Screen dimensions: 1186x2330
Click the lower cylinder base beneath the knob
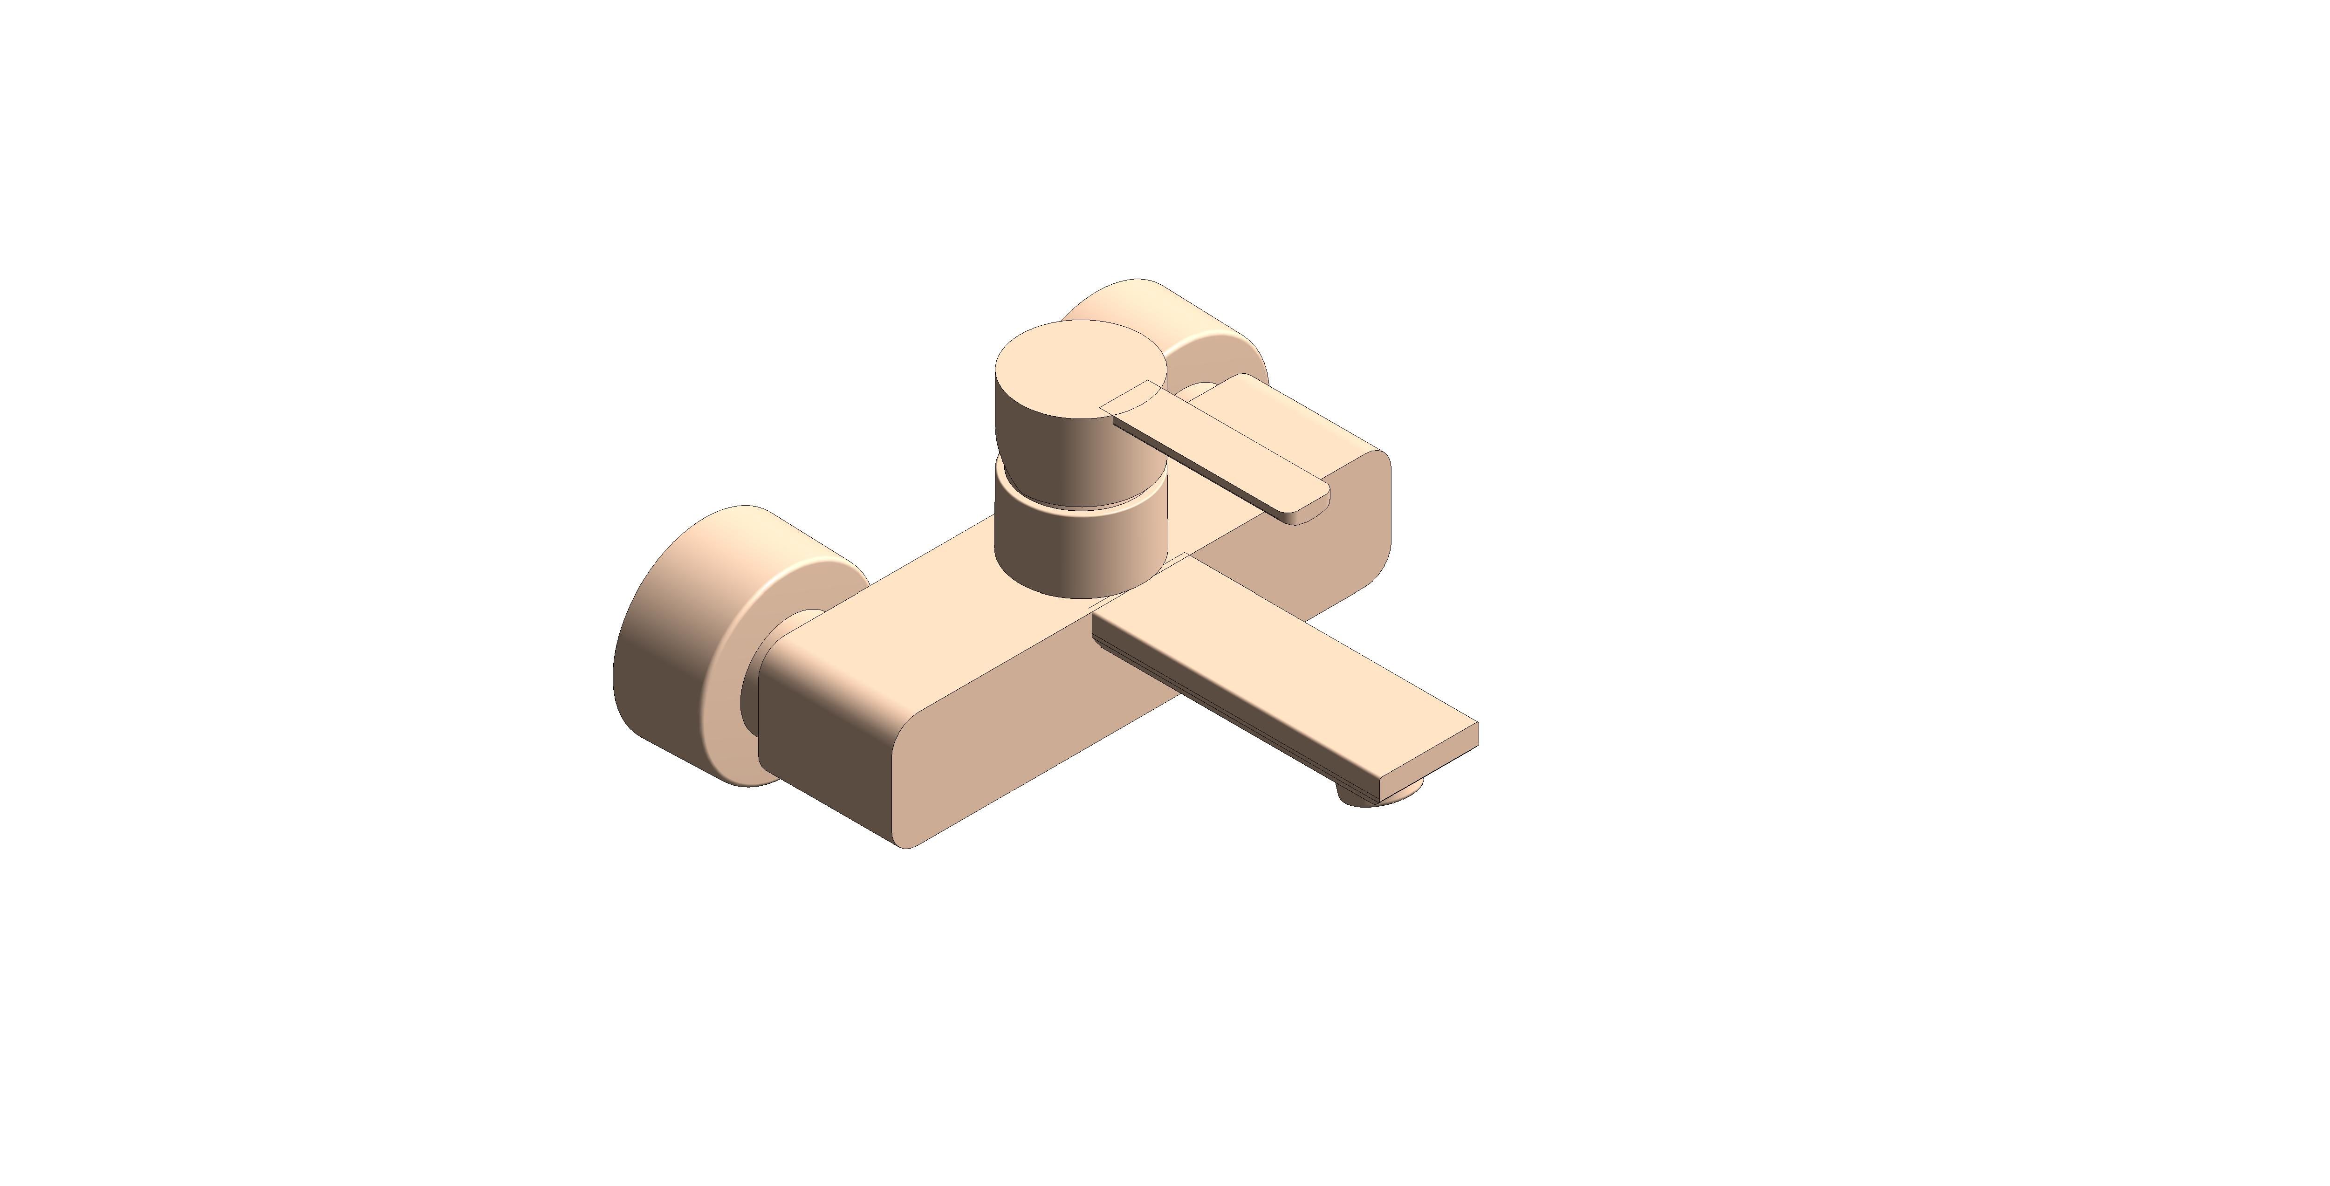click(x=1076, y=552)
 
